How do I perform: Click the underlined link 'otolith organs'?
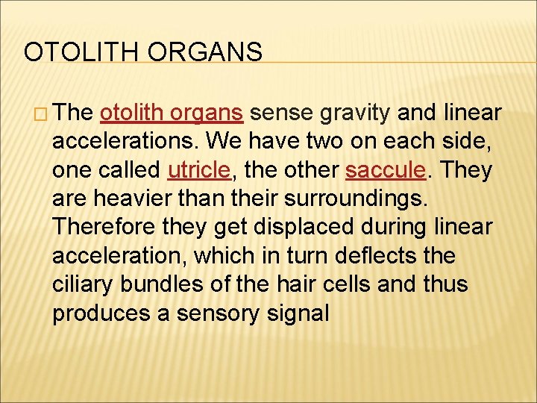(171, 113)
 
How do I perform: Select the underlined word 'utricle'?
(199, 170)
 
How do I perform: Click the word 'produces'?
(101, 313)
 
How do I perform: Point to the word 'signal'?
(298, 313)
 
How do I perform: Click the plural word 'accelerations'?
(124, 142)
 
